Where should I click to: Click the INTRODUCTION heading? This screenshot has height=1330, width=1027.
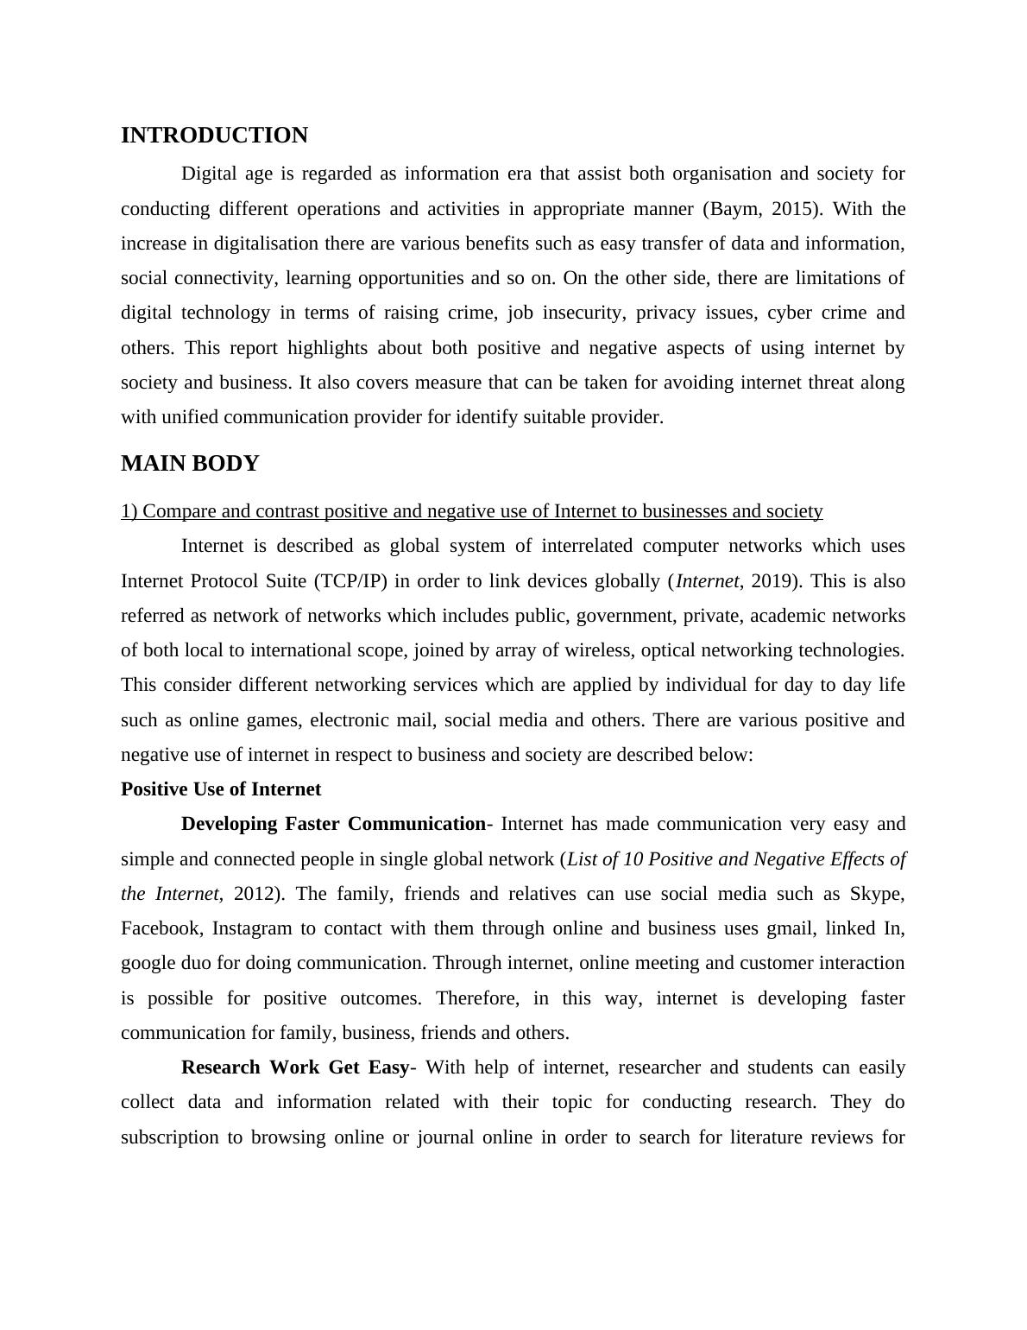(214, 136)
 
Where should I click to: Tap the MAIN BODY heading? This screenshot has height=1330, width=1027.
(190, 464)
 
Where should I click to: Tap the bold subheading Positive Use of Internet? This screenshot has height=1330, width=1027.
(221, 789)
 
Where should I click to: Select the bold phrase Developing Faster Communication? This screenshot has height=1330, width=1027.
(333, 824)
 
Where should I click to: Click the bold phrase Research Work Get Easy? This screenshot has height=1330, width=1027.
(294, 1067)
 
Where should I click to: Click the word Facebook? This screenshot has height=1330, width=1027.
(161, 928)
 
